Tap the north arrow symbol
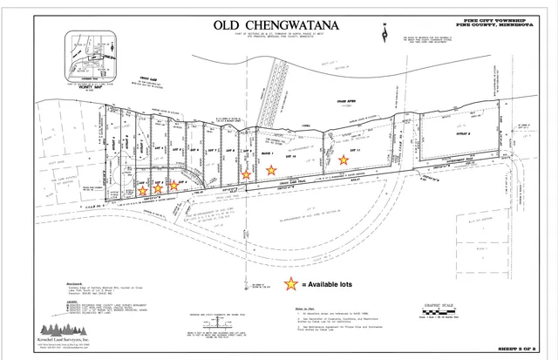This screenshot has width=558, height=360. (x=383, y=31)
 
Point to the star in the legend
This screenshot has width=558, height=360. (x=289, y=283)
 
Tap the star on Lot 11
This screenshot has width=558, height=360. (x=343, y=159)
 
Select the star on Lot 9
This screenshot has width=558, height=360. (x=246, y=174)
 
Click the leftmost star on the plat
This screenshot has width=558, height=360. (x=142, y=190)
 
